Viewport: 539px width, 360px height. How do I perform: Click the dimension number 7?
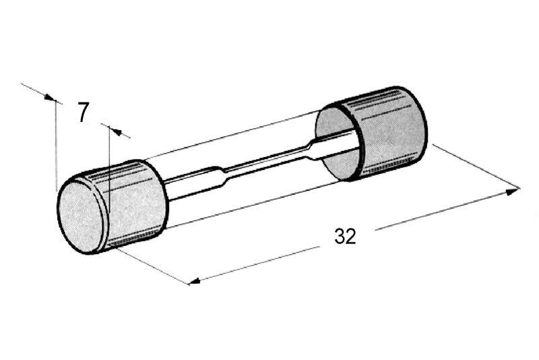click(x=83, y=113)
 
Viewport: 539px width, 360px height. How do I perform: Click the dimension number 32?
click(x=345, y=237)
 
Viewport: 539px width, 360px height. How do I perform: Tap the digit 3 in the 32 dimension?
click(x=340, y=237)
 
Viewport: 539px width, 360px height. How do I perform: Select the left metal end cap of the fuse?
click(x=113, y=206)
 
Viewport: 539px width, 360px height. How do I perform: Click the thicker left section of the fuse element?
click(x=193, y=181)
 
